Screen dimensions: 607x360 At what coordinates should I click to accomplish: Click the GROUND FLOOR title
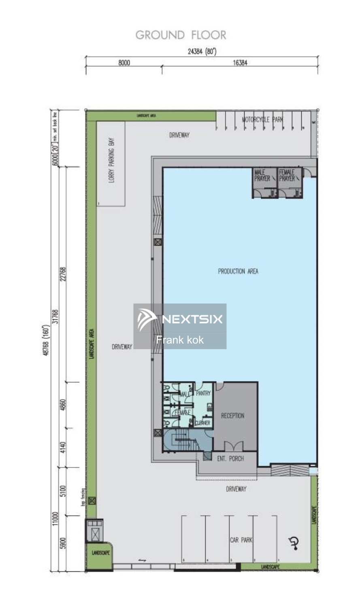[181, 35]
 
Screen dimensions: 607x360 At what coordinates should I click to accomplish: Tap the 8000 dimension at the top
[124, 63]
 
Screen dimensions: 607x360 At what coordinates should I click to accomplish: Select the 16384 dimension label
[240, 63]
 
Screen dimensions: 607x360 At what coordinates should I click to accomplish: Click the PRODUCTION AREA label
[238, 271]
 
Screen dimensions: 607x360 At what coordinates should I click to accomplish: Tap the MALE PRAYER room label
[262, 175]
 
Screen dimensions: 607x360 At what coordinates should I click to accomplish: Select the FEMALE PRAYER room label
[287, 175]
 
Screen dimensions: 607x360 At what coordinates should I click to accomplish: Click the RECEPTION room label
[232, 416]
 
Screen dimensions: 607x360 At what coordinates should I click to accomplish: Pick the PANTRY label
[203, 393]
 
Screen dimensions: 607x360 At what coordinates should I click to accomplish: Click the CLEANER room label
[202, 423]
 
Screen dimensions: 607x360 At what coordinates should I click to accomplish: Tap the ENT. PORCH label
[230, 458]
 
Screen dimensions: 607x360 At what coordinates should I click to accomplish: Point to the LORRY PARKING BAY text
[111, 160]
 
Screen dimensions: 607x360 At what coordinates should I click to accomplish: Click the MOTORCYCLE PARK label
[262, 119]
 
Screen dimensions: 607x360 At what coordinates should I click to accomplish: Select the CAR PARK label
[241, 540]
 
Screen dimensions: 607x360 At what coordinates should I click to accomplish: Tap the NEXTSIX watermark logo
[180, 319]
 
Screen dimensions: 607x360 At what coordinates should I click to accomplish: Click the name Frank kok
[180, 340]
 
